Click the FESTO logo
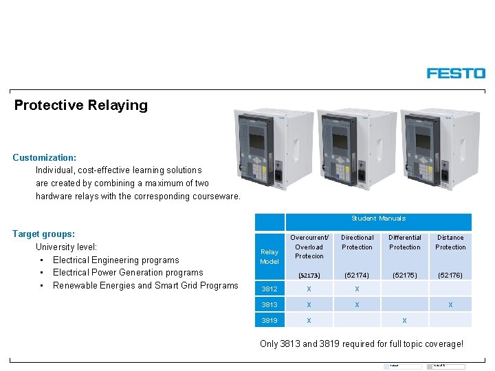(456, 73)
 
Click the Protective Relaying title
(81, 105)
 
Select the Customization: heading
(45, 157)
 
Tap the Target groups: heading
(44, 234)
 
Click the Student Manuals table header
(378, 218)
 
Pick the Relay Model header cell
(269, 256)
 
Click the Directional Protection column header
(357, 243)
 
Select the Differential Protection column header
(405, 243)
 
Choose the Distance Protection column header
(450, 243)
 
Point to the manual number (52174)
(357, 275)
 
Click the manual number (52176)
(450, 275)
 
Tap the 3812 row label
(269, 289)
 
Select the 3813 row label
(269, 304)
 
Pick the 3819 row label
(269, 320)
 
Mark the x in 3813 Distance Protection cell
(450, 304)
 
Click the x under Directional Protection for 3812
(357, 289)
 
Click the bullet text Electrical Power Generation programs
(128, 273)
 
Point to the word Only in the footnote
(269, 344)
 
